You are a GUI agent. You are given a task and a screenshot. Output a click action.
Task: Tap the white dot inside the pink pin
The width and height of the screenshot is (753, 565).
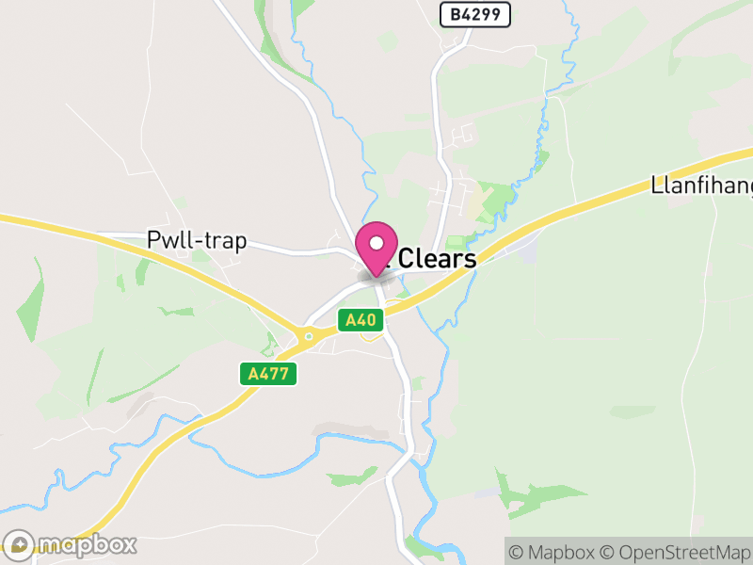coord(376,243)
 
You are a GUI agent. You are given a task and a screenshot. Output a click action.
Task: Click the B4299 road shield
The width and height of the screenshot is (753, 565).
coord(475,13)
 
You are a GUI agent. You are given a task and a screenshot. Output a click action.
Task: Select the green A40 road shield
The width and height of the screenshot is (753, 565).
coord(360,320)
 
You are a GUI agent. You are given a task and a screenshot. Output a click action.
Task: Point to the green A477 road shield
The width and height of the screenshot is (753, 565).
coord(267,374)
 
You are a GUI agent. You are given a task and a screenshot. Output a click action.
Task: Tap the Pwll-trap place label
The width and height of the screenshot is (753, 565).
coord(197,241)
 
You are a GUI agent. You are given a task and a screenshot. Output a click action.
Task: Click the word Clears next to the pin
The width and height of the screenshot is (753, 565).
coord(438,259)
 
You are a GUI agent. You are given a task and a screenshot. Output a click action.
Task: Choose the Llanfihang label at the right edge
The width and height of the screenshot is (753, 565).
coord(701,186)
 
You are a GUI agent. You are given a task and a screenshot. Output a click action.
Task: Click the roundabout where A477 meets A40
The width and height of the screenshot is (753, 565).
coord(308,336)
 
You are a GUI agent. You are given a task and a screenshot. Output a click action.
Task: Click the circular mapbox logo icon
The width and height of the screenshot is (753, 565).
coord(20,544)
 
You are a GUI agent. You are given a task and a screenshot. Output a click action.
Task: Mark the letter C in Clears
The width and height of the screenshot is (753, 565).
coord(410,259)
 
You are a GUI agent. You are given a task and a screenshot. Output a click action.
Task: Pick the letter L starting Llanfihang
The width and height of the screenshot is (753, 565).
coord(656,186)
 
